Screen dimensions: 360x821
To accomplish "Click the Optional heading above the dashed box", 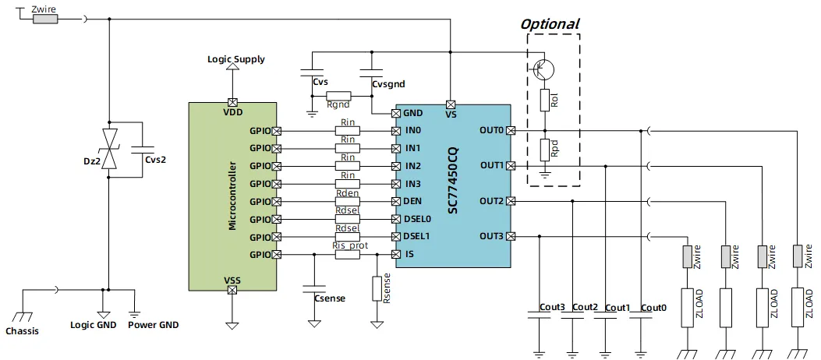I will (x=550, y=23).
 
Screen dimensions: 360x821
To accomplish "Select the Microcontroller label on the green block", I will (x=232, y=196).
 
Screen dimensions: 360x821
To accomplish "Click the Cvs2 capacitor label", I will (x=155, y=159).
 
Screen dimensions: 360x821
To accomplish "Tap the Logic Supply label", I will (x=235, y=59).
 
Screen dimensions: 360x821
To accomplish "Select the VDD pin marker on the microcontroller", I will (x=232, y=102).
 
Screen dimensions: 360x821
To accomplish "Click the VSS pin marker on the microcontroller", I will (x=232, y=291).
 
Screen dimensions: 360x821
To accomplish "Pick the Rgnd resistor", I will (x=338, y=96).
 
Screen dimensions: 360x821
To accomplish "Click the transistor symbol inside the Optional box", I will (x=544, y=69).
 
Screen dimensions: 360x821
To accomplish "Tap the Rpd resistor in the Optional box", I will (x=544, y=150).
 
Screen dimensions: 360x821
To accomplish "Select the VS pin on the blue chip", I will (x=451, y=104).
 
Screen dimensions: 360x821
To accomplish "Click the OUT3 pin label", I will (x=491, y=236).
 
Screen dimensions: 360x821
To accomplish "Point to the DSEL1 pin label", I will (x=417, y=236).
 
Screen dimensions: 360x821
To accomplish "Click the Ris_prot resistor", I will (x=348, y=254).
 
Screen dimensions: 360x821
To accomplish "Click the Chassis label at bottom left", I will (x=22, y=331).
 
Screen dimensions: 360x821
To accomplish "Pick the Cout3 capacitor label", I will (x=553, y=308).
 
